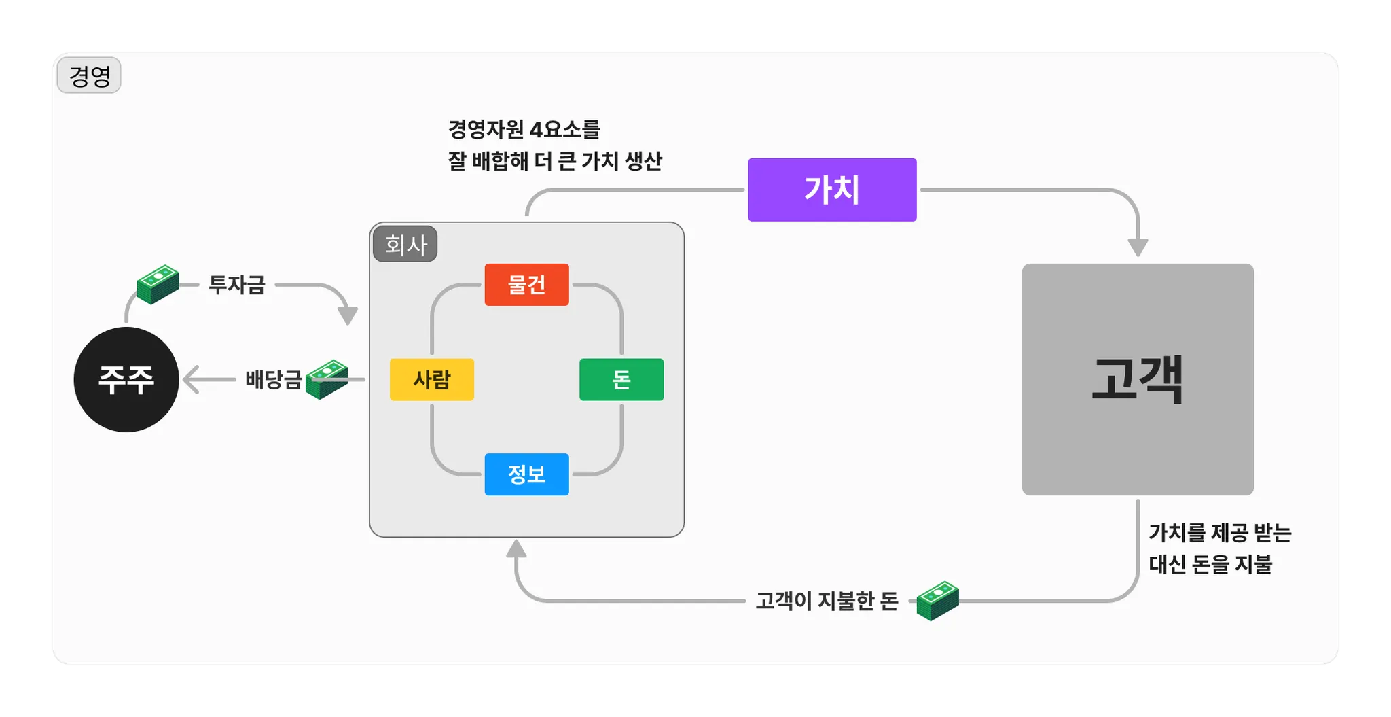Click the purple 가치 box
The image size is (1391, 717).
[x=832, y=190]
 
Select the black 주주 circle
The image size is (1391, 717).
[x=126, y=379]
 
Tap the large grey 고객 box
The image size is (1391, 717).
[x=1138, y=379]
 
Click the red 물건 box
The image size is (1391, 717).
[x=526, y=285]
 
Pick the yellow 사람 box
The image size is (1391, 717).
[x=432, y=379]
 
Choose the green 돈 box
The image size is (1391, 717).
[x=621, y=379]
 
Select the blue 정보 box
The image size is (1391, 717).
[x=526, y=474]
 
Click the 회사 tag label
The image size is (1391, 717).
[x=405, y=245]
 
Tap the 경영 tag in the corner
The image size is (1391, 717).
[x=89, y=75]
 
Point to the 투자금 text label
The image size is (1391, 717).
[x=236, y=285]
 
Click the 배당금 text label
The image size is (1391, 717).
[x=273, y=379]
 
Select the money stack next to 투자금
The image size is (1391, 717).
[x=158, y=284]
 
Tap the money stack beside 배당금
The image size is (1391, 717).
[x=327, y=379]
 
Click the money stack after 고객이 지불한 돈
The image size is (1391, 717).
[x=937, y=601]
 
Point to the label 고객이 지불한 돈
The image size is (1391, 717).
[x=827, y=601]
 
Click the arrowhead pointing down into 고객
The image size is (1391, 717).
[x=1138, y=247]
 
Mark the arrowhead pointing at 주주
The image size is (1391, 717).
[x=191, y=379]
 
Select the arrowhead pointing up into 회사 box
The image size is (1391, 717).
[x=516, y=548]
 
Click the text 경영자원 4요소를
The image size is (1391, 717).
[x=524, y=129]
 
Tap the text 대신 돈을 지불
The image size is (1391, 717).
[x=1210, y=565]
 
